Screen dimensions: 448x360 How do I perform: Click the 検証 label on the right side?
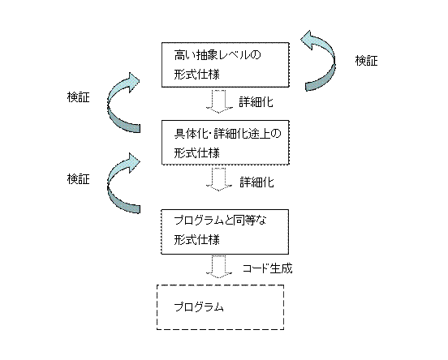coord(366,61)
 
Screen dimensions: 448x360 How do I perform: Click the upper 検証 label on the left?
coord(78,97)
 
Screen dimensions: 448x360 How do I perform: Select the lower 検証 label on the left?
coord(78,179)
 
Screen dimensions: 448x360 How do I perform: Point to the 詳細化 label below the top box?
coord(256,102)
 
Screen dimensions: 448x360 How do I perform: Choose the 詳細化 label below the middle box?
coord(256,182)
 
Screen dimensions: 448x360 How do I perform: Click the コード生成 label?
coord(268,268)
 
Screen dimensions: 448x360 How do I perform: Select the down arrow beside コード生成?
coord(219,267)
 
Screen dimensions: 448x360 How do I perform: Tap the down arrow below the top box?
coord(219,101)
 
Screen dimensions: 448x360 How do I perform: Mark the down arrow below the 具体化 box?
coord(219,179)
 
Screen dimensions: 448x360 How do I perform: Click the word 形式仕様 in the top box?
coord(197,75)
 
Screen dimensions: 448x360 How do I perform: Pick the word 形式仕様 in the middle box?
coord(197,153)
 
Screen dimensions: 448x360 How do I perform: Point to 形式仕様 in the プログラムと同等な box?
coord(197,239)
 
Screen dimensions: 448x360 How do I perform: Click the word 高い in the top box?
coord(185,54)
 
